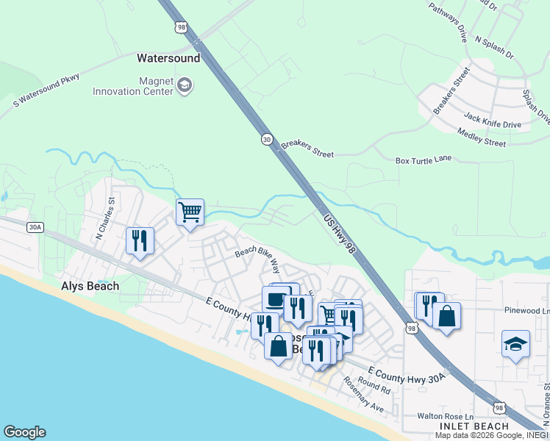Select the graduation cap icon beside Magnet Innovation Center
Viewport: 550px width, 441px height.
[x=185, y=87]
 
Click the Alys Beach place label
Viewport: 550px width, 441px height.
[x=90, y=286]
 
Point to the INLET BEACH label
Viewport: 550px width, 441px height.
[x=474, y=426]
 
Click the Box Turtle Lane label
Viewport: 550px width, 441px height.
[x=423, y=160]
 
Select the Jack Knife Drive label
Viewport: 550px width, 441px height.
[x=493, y=120]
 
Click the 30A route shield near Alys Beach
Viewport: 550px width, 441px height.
[x=35, y=227]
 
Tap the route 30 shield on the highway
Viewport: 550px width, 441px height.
[x=266, y=138]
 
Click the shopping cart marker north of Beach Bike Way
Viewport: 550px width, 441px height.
[x=190, y=212]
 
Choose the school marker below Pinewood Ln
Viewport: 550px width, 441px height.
[x=515, y=343]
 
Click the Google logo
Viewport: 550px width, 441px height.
[x=25, y=432]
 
